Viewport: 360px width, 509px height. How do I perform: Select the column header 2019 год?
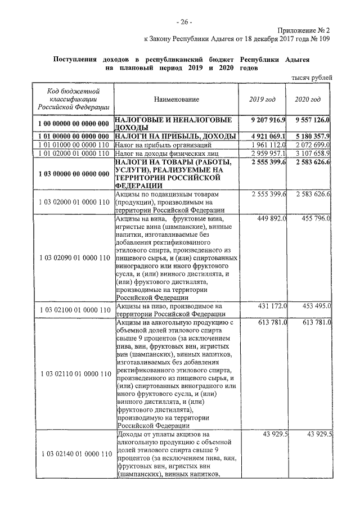pyautogui.click(x=263, y=99)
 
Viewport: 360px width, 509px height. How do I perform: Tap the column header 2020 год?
pyautogui.click(x=308, y=99)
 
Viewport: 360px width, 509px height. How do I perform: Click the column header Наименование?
pyautogui.click(x=176, y=99)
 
